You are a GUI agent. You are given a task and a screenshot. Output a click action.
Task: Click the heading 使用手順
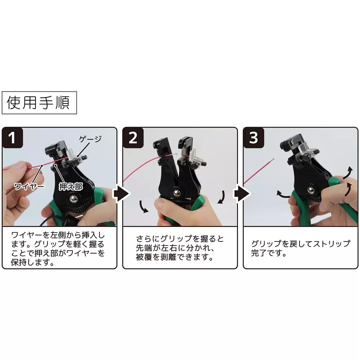(x=39, y=103)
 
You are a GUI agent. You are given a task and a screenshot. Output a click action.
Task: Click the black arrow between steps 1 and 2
(x=120, y=194)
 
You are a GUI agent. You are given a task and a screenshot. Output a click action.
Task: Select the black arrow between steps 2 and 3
(x=240, y=194)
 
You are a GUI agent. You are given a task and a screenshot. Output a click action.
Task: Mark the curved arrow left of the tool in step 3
(x=284, y=195)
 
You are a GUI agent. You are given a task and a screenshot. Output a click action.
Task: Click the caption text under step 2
(x=180, y=248)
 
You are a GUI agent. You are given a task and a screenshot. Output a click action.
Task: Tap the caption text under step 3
(x=300, y=248)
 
